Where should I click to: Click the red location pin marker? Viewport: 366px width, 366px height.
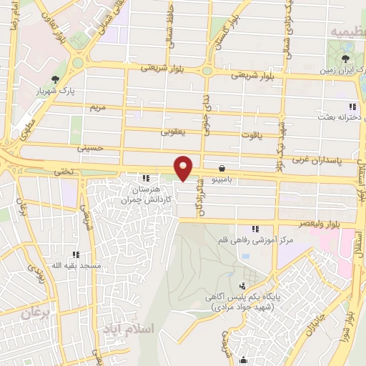coord(184,168)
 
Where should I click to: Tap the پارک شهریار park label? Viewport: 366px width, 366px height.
coord(56,91)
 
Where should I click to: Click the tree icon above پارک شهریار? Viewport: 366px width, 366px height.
coord(55,80)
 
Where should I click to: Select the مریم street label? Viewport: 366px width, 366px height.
coord(97,107)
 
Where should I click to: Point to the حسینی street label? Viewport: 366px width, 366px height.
coord(89,148)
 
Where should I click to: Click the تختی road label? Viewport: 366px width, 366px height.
coord(64,172)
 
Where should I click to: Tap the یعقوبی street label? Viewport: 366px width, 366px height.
coord(174,132)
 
